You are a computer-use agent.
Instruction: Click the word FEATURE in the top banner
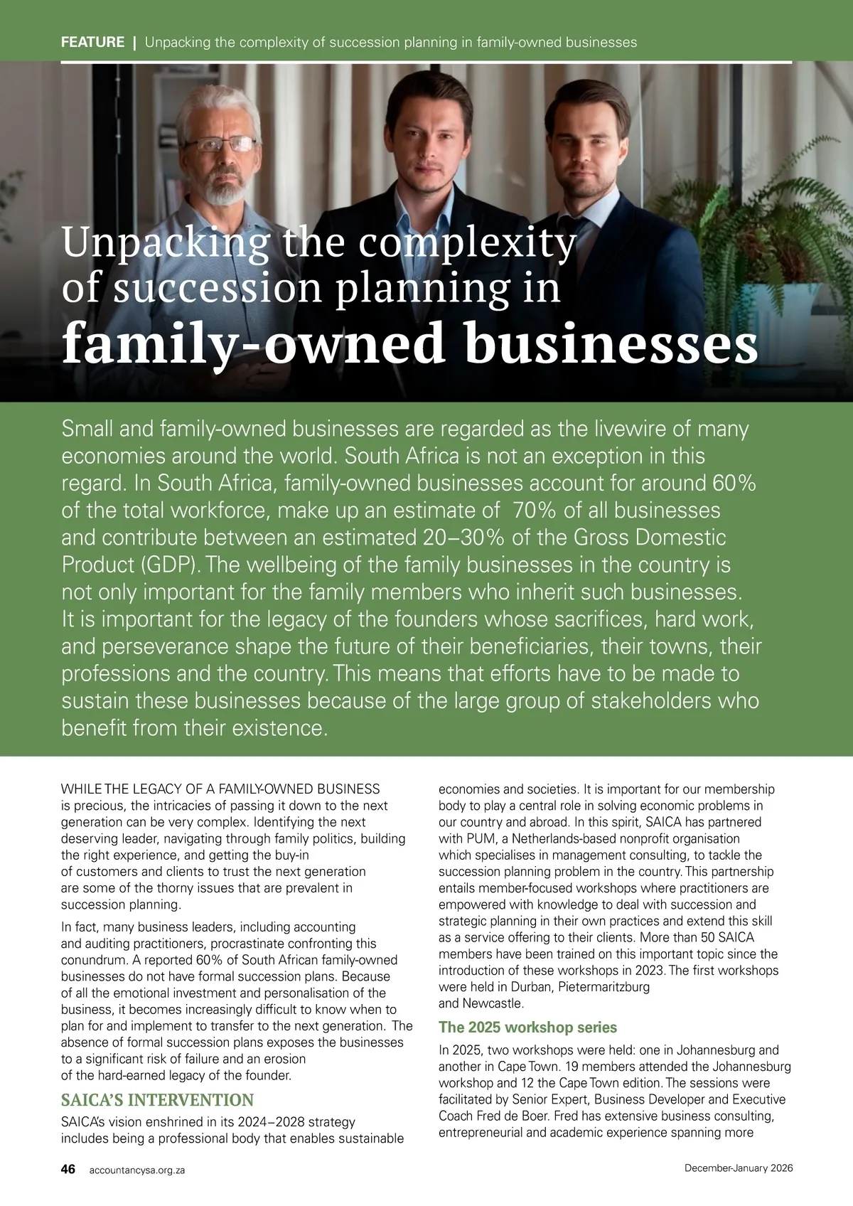click(x=92, y=42)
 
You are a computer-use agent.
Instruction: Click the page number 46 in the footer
click(x=68, y=1169)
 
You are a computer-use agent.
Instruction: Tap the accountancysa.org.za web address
click(x=137, y=1170)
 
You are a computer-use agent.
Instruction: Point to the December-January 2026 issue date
click(x=739, y=1168)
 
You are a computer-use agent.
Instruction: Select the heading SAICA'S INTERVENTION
click(x=157, y=1100)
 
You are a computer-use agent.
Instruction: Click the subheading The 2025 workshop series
click(x=527, y=1028)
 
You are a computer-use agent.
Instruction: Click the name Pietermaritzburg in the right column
click(x=603, y=987)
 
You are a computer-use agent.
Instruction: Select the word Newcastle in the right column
click(x=492, y=1003)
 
